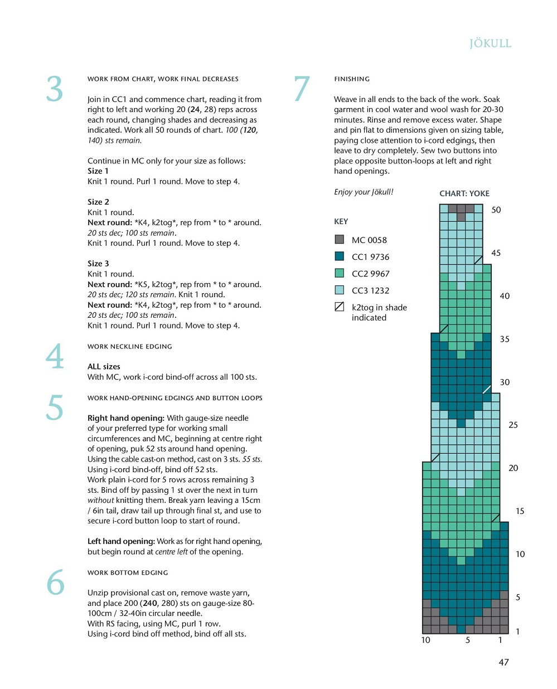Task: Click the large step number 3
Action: [55, 89]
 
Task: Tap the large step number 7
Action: [302, 89]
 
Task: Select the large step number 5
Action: [55, 407]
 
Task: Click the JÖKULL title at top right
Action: [490, 43]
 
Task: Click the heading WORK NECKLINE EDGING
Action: [129, 347]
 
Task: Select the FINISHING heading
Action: [352, 79]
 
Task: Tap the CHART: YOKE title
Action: [464, 193]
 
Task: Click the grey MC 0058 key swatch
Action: [339, 240]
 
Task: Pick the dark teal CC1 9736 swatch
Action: [339, 256]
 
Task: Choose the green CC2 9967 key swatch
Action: [339, 273]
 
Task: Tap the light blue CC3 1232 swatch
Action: [339, 290]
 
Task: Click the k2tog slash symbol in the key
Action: [339, 307]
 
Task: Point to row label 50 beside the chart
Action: [496, 210]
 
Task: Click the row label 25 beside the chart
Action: [513, 425]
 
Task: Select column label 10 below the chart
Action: [425, 640]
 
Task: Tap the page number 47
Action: [503, 662]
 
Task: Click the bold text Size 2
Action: [98, 202]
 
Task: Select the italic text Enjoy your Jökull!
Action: [364, 192]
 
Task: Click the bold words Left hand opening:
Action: [121, 541]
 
